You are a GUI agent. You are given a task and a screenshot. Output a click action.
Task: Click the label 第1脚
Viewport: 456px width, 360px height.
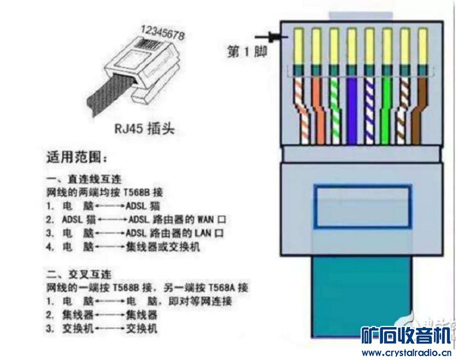pyautogui.click(x=247, y=52)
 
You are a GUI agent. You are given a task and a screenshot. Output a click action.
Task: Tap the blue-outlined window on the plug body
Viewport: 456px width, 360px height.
pyautogui.click(x=363, y=206)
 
